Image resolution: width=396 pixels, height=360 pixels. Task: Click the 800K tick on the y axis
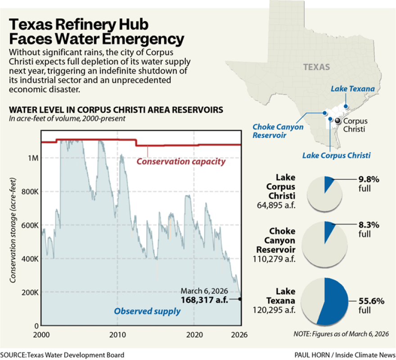pos(30,191)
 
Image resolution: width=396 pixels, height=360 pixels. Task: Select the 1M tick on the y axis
pos(32,158)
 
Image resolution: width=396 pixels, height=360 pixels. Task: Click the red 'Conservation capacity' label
pos(181,161)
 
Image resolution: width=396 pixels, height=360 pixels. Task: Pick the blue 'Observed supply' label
pos(147,311)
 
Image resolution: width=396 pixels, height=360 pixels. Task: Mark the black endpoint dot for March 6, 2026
pos(241,299)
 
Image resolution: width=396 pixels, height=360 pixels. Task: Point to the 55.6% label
pos(371,301)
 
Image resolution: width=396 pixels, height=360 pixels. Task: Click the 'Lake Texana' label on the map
pos(353,89)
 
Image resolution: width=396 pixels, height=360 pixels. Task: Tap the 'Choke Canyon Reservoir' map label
pos(278,131)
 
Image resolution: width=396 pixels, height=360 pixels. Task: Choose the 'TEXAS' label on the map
pos(316,67)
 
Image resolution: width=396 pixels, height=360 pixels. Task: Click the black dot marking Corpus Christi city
pos(337,121)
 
